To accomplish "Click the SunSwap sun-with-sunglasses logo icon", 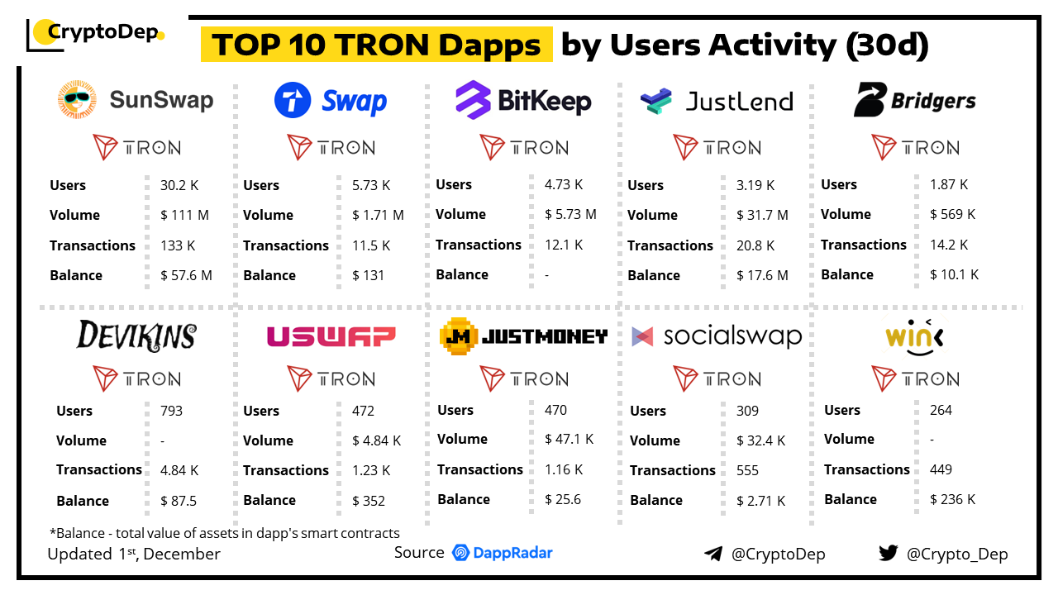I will pyautogui.click(x=77, y=100).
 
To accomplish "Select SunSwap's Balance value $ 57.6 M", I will pyautogui.click(x=186, y=275).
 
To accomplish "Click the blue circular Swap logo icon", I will pyautogui.click(x=293, y=101).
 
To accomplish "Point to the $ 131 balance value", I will pyautogui.click(x=368, y=275).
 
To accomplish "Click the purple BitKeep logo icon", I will pyautogui.click(x=473, y=101).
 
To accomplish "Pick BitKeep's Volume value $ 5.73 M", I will pyautogui.click(x=570, y=214).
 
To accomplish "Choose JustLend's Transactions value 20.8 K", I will pyautogui.click(x=755, y=245).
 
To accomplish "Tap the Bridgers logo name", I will pyautogui.click(x=933, y=101).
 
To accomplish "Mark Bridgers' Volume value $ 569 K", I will pyautogui.click(x=952, y=214).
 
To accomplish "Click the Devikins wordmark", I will pyautogui.click(x=136, y=336).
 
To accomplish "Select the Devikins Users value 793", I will pyautogui.click(x=171, y=411).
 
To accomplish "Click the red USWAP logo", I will pyautogui.click(x=331, y=336).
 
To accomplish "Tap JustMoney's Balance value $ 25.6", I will pyautogui.click(x=563, y=499).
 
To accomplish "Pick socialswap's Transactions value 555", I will pyautogui.click(x=747, y=470).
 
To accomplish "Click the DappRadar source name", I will pyautogui.click(x=512, y=553).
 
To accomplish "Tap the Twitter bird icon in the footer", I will pyautogui.click(x=888, y=554).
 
